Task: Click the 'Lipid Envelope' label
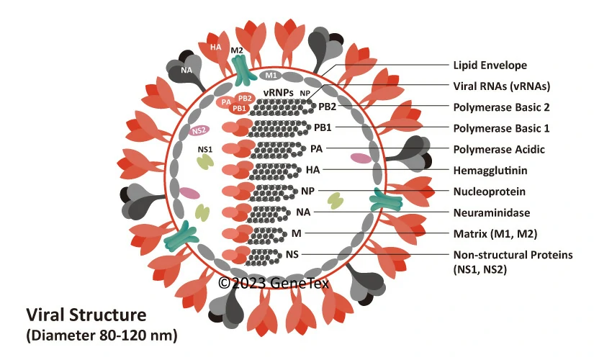[x=490, y=66]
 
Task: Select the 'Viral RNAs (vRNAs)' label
[x=501, y=86]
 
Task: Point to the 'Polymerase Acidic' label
[x=498, y=149]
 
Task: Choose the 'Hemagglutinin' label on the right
[x=490, y=171]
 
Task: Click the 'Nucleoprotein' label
[x=489, y=192]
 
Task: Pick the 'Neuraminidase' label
[x=491, y=212]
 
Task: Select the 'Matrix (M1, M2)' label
[x=495, y=233]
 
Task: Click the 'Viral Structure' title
[x=86, y=315]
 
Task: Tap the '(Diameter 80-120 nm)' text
[x=102, y=335]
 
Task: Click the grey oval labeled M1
[x=271, y=75]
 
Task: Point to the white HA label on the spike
[x=215, y=48]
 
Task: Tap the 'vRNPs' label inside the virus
[x=277, y=93]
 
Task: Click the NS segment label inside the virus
[x=292, y=255]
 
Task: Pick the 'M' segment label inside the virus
[x=296, y=233]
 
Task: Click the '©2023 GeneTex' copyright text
[x=274, y=283]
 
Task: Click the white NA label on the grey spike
[x=186, y=70]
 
